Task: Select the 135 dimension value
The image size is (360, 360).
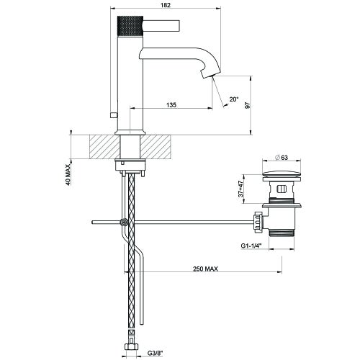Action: coord(170,105)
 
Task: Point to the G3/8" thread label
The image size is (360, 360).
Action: coord(152,354)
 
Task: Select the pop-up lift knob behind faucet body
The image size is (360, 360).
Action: coord(112,115)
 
